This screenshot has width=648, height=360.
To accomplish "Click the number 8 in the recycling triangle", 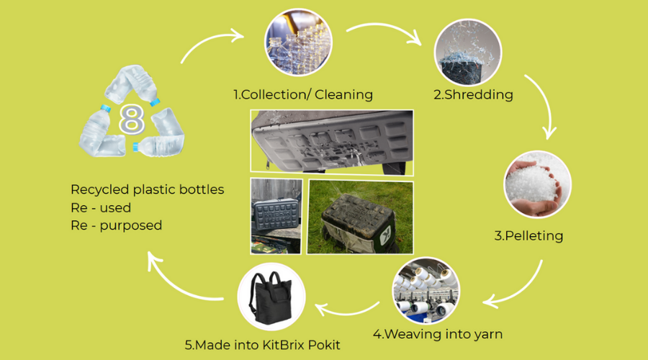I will pyautogui.click(x=131, y=120).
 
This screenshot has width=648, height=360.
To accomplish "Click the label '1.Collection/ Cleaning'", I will pyautogui.click(x=302, y=94).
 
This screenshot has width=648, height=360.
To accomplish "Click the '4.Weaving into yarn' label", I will pyautogui.click(x=438, y=333).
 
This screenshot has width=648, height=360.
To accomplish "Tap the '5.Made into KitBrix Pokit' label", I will pyautogui.click(x=262, y=345).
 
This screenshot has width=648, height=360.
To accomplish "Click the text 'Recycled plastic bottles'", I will pyautogui.click(x=148, y=190).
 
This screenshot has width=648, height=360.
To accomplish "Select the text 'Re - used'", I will pyautogui.click(x=101, y=207).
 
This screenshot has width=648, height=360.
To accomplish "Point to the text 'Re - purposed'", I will pyautogui.click(x=116, y=225).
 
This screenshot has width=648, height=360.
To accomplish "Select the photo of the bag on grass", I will pyautogui.click(x=360, y=216).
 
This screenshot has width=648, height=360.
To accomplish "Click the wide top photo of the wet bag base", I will pyautogui.click(x=331, y=141).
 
